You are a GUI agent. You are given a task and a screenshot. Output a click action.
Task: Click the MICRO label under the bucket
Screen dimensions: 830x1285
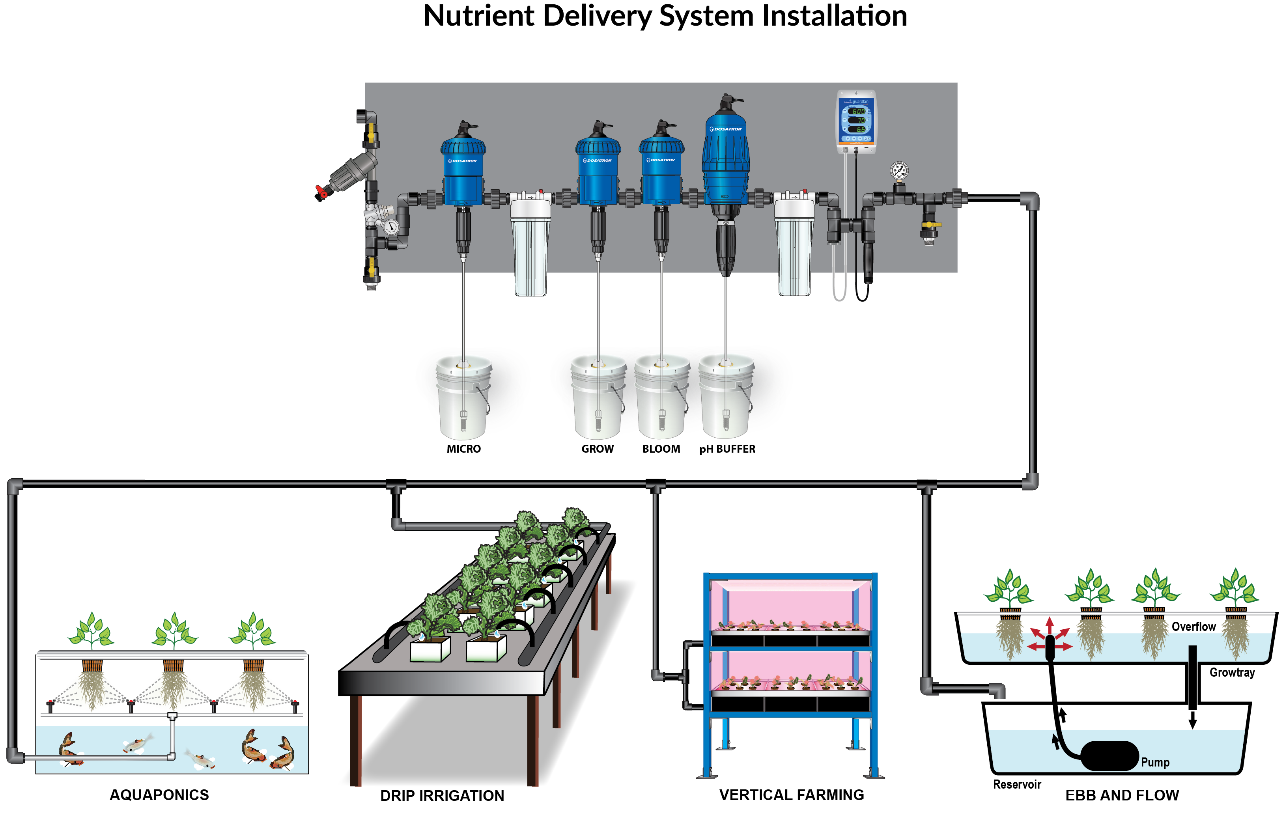click(463, 449)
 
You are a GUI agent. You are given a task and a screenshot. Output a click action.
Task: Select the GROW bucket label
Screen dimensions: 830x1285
click(597, 449)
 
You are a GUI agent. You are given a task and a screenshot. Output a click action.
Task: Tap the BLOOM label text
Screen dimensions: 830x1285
click(661, 449)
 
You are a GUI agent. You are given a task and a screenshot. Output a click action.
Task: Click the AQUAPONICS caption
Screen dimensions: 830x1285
click(159, 795)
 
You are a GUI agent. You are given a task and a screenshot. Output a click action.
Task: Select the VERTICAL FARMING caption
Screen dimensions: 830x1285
click(791, 795)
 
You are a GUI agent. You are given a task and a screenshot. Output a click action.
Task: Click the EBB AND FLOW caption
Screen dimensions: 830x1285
click(1122, 796)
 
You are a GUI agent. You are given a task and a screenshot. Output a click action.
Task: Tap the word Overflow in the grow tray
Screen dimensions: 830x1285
click(1193, 627)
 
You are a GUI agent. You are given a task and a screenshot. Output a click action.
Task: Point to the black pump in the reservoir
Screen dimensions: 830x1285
click(1109, 756)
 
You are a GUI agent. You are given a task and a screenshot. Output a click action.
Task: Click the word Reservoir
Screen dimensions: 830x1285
click(1017, 785)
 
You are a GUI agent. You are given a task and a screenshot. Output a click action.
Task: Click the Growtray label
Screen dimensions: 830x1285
click(1232, 673)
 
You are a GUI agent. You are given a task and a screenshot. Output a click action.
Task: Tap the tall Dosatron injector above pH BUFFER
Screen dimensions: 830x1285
click(725, 156)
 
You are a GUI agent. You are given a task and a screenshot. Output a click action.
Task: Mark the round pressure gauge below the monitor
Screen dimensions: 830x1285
click(898, 172)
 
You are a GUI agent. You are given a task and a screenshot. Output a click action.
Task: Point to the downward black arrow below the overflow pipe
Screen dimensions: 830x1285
click(1193, 720)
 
